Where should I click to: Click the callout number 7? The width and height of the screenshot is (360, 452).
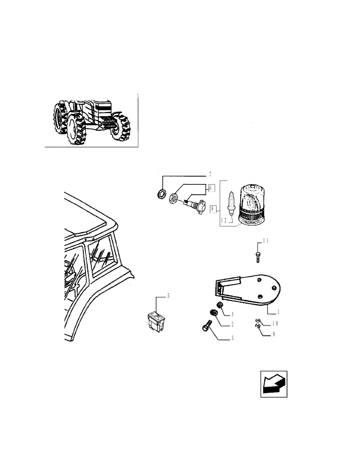coord(209,174)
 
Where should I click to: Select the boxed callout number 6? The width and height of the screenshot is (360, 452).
coord(211,187)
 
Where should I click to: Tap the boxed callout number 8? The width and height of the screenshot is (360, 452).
coord(213,208)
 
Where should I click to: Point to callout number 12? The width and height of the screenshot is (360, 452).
coord(224,220)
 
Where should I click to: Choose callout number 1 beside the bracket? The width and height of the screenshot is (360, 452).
coord(278,312)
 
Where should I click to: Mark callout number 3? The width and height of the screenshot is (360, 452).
coord(232,338)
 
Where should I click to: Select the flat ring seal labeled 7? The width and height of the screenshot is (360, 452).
coord(160,194)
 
